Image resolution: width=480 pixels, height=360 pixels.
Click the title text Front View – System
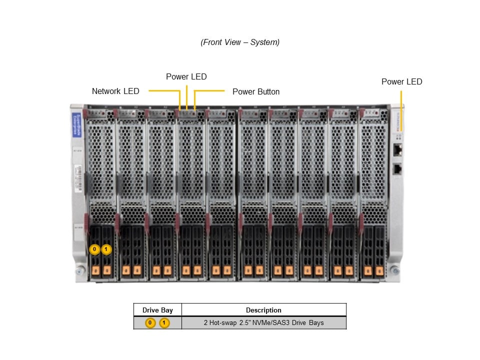240,42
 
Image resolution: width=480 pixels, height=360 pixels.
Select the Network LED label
115,91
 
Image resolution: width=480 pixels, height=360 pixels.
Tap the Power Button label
256,92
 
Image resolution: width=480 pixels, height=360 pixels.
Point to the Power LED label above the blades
186,77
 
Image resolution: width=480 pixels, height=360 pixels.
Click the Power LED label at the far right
401,81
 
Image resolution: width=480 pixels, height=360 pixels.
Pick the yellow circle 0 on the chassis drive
94,249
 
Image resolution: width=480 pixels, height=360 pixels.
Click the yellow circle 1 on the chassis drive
106,249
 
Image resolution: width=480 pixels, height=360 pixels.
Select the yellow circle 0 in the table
150,323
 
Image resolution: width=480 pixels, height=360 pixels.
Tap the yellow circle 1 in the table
164,323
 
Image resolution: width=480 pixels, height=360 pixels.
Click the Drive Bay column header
157,310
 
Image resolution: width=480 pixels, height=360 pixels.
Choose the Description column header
263,310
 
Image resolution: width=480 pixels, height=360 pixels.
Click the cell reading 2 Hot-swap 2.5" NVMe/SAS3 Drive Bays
263,323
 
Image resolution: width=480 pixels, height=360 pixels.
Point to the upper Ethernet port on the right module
398,149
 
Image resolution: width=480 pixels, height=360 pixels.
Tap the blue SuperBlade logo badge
76,125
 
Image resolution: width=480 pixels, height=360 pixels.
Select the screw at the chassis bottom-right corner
395,270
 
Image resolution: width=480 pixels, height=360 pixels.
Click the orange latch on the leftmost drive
94,270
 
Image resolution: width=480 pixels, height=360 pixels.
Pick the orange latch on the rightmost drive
379,270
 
